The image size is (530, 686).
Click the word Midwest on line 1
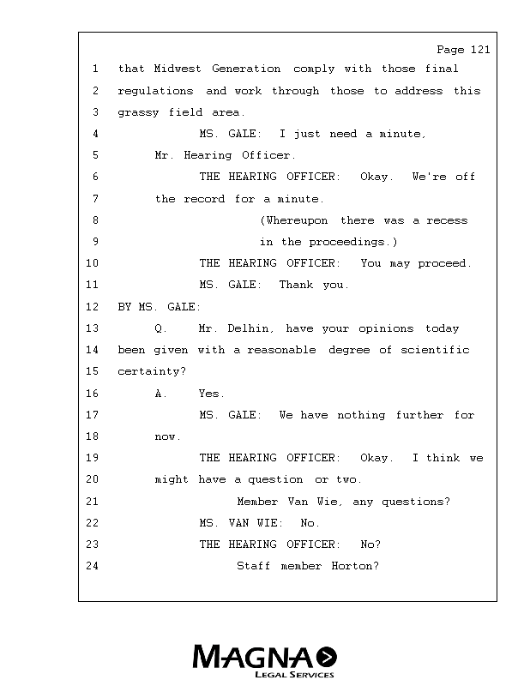(178, 69)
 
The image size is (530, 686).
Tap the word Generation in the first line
(246, 69)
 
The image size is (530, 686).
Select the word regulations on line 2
(155, 91)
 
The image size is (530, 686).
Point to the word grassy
(138, 113)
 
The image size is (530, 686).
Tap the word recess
(447, 220)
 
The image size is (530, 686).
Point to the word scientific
(435, 350)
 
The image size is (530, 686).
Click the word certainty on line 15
(149, 371)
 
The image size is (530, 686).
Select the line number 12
(93, 307)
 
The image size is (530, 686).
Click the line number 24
(93, 566)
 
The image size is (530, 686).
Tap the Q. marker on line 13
(160, 328)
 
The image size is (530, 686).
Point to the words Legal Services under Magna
(294, 675)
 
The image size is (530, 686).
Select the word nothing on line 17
(361, 415)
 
